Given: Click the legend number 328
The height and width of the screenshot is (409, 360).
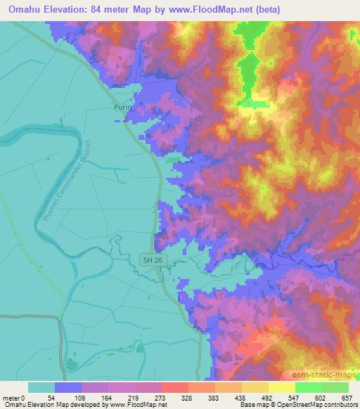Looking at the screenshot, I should point(187,397).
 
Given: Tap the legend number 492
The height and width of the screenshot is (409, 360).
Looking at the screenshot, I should point(268,397).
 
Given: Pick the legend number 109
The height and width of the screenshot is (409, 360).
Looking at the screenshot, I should point(79,397).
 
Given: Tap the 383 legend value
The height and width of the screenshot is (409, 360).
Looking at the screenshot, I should point(214,397).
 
